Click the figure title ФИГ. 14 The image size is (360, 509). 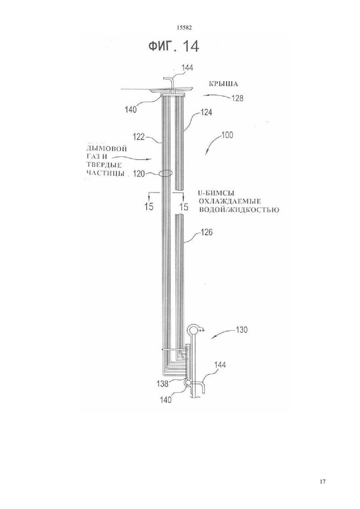[x=174, y=46]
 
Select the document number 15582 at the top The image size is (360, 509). [x=184, y=28]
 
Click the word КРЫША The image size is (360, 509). [x=224, y=84]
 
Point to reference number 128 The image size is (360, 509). [x=238, y=98]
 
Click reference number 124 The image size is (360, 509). [x=207, y=113]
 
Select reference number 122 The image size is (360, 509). [x=139, y=137]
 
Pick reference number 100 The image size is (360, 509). [x=227, y=135]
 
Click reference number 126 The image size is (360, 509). [x=207, y=233]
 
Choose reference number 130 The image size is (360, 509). [x=242, y=330]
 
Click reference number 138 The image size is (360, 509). [x=163, y=384]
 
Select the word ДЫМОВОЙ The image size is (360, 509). [x=107, y=149]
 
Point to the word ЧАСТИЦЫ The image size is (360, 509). [x=105, y=173]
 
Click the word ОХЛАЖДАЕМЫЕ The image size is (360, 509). [x=230, y=201]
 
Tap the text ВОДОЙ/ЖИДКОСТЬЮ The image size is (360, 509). [x=239, y=209]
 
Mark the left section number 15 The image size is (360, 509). [x=149, y=207]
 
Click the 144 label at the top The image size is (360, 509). [x=187, y=67]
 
